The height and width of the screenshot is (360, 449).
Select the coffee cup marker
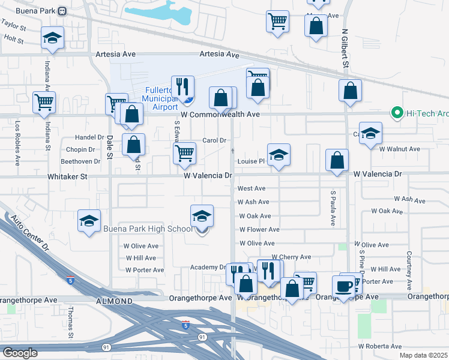344,286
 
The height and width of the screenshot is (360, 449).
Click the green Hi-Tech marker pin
396,112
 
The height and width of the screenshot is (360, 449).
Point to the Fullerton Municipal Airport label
161,98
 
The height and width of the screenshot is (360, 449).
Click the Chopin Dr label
80,149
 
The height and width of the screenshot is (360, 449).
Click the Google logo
19,352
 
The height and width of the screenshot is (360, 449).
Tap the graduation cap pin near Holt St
53,38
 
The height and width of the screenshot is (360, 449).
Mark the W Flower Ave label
259,230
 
